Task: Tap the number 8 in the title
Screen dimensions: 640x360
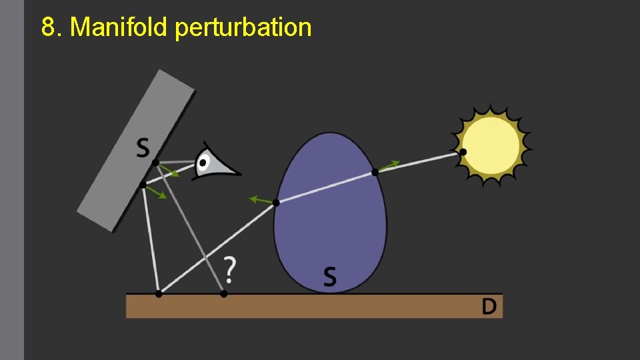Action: point(47,27)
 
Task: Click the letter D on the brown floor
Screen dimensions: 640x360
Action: point(489,306)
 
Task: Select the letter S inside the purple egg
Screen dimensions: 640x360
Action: point(329,276)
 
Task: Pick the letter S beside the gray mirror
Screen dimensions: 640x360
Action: point(143,147)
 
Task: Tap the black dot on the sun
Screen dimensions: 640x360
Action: point(463,152)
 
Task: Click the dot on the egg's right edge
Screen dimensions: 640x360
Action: point(375,172)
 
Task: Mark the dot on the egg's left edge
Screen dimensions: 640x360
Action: point(276,203)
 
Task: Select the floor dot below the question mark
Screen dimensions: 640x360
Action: point(223,293)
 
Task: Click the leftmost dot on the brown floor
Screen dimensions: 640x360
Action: point(158,293)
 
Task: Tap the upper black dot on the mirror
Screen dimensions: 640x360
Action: point(155,162)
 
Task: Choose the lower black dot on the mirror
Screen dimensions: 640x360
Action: point(143,185)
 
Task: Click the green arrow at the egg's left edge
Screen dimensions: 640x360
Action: point(260,199)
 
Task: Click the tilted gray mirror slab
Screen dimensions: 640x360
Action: point(133,153)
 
